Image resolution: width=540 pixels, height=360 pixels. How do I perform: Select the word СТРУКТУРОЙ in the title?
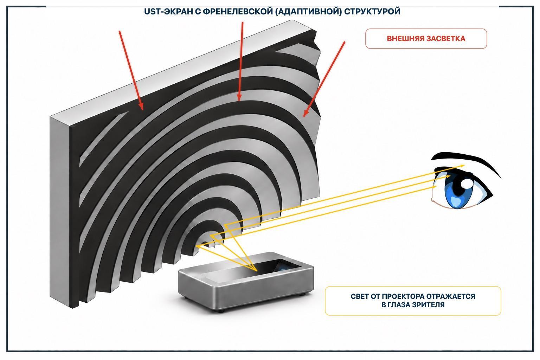(x=372, y=12)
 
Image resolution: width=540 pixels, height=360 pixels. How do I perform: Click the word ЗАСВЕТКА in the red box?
(x=445, y=39)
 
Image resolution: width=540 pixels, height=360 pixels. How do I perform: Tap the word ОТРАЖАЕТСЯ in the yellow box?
(x=451, y=296)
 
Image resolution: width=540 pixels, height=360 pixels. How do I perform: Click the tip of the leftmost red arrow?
(x=142, y=109)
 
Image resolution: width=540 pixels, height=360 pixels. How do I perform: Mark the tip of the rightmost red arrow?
(x=304, y=116)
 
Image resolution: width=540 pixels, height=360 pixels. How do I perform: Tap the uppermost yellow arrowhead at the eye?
(x=464, y=166)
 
